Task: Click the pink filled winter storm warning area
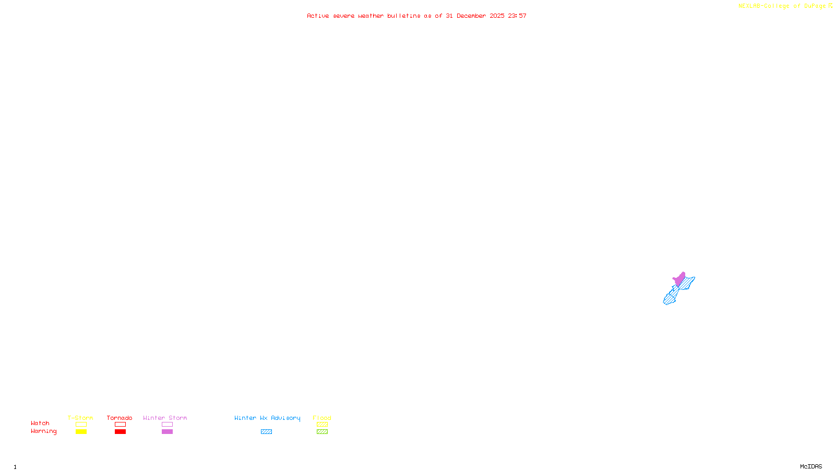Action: [679, 279]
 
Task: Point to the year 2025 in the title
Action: [497, 16]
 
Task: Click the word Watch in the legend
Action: [40, 423]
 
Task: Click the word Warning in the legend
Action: [44, 431]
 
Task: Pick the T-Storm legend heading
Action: [80, 418]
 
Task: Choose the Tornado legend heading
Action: [120, 418]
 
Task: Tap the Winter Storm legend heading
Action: [165, 418]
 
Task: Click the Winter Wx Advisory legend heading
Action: [267, 418]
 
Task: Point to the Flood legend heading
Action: [322, 418]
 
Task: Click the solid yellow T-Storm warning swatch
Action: [81, 432]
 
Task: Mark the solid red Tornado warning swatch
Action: [120, 432]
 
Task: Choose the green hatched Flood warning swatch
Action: [322, 432]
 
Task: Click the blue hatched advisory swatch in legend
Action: [266, 432]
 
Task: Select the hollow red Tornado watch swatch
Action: [120, 425]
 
